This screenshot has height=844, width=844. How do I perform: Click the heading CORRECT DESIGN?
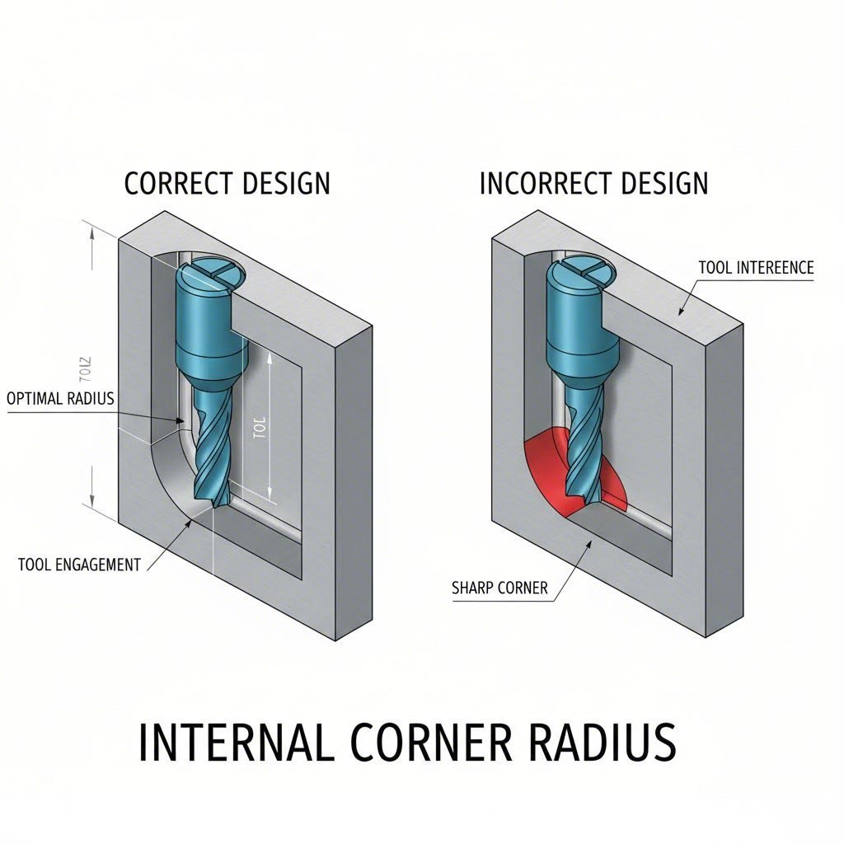point(227,183)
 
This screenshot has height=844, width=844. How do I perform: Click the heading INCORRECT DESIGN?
point(593,183)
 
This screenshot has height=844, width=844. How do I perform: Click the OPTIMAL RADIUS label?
point(60,398)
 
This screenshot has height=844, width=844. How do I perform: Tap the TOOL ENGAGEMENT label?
point(79,565)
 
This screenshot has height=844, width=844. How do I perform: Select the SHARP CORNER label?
point(499,588)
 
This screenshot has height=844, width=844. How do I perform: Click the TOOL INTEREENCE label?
point(755,268)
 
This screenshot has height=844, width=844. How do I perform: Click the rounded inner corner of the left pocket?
point(169,478)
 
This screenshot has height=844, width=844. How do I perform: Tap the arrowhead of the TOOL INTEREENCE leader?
point(681,314)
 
